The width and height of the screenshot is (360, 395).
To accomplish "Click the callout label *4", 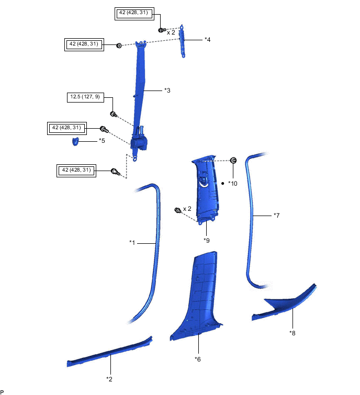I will coord(208,40).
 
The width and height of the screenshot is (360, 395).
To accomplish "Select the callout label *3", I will coord(167,91).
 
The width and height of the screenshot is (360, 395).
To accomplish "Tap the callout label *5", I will coord(102,141).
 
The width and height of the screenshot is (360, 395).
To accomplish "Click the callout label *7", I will coord(277,215).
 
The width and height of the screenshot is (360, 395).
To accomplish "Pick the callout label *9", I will coord(206,240).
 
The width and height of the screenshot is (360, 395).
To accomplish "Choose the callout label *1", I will coord(132,242).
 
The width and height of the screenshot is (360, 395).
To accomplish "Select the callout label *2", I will coord(109,378).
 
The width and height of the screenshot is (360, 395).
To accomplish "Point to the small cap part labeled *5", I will coord(75,141).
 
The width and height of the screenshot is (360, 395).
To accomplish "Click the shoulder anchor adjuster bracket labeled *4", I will coord(182,41).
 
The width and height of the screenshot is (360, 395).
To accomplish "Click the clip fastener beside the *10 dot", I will coord(233,160).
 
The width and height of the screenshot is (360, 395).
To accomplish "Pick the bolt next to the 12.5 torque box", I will coord(113,114).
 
